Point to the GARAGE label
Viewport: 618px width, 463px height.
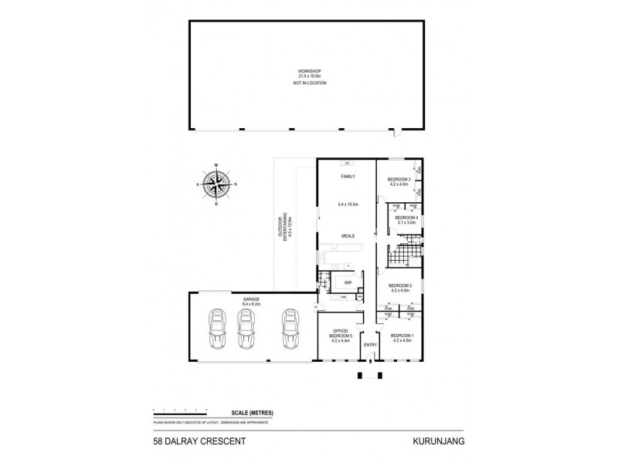[250, 298]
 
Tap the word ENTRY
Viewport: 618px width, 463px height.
[370, 344]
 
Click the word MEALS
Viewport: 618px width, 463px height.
[345, 236]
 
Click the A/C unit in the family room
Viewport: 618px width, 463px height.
[347, 164]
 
